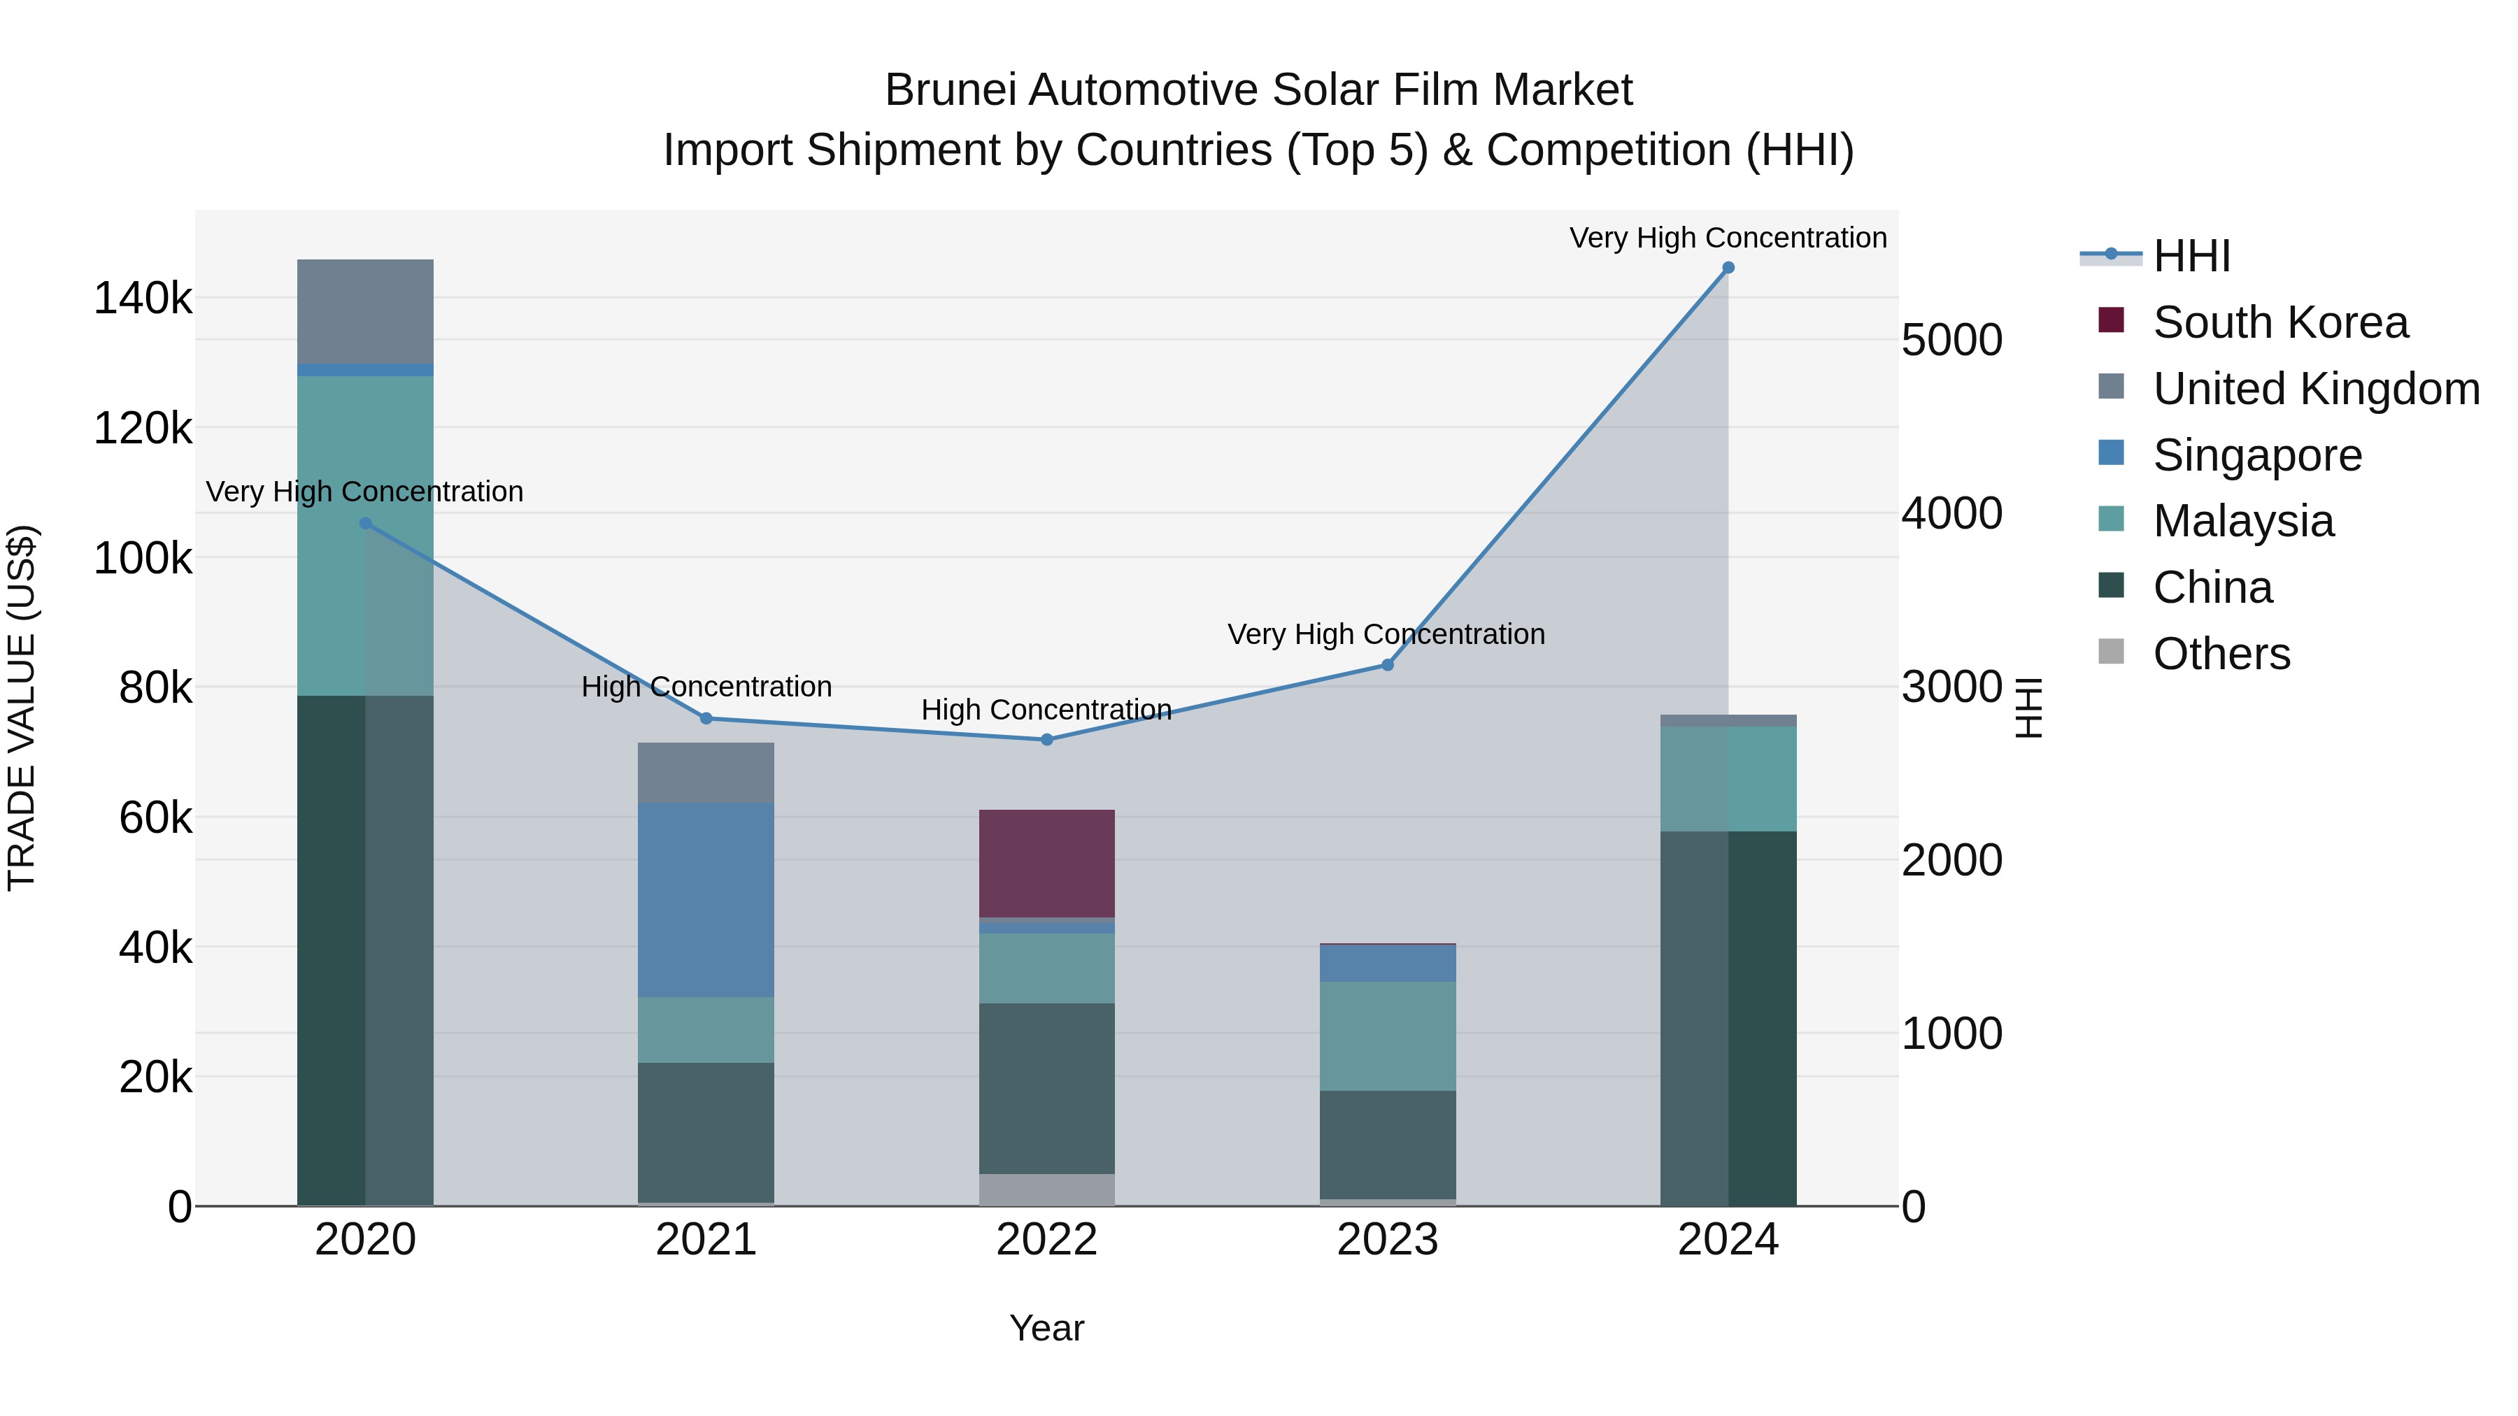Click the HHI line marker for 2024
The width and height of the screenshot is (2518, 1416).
click(x=1727, y=268)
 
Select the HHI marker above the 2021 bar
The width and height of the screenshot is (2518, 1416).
click(x=706, y=718)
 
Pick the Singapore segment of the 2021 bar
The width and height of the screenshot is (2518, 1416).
click(x=706, y=899)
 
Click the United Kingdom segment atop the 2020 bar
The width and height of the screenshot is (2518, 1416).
click(x=364, y=310)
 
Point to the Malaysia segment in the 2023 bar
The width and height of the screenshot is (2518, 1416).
click(x=1387, y=1036)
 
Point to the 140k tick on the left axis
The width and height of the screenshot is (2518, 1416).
click(x=143, y=298)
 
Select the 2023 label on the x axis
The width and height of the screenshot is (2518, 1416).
click(x=1387, y=1240)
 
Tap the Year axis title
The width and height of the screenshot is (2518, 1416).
click(x=1046, y=1328)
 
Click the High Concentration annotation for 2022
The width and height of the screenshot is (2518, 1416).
click(x=1046, y=710)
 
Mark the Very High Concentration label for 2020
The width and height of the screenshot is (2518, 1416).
click(x=364, y=492)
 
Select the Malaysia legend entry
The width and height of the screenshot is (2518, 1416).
click(x=2242, y=521)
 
